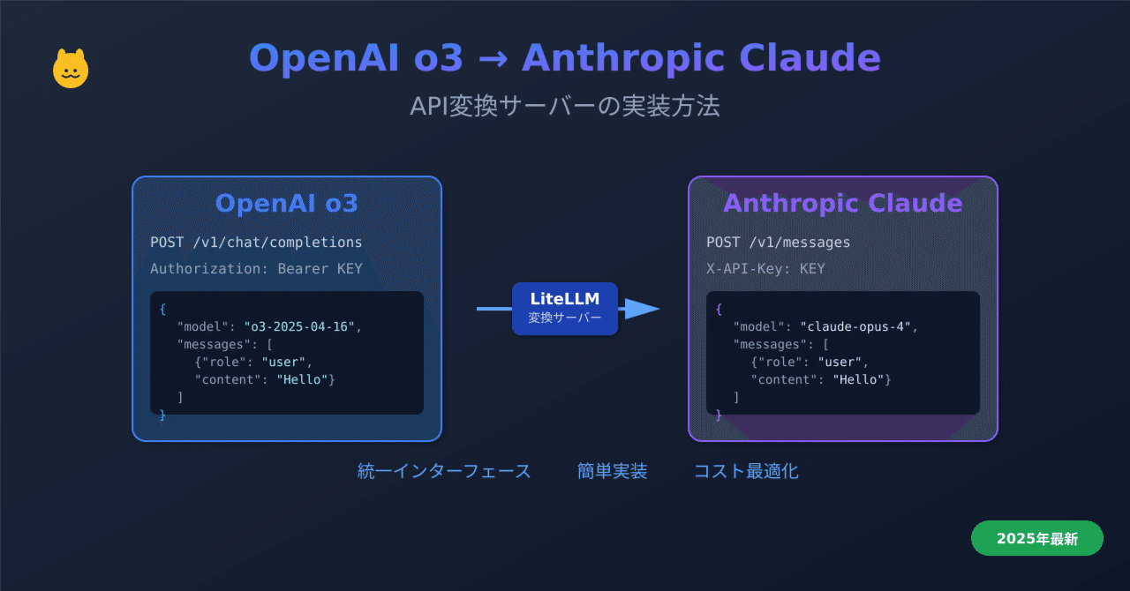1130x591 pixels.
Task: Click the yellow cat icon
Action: tap(71, 69)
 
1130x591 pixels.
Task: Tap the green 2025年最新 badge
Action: tap(1036, 538)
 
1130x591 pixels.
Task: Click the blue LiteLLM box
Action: tap(564, 308)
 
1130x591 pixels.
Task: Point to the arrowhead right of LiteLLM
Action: tap(643, 308)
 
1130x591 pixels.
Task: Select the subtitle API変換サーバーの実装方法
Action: tap(564, 106)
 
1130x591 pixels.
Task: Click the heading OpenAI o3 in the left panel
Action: tap(286, 203)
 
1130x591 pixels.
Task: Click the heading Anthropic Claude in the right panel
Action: tap(842, 203)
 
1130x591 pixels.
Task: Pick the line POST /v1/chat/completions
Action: tap(256, 242)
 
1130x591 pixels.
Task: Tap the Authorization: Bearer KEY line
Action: tap(256, 268)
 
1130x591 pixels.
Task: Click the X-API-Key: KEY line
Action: tap(765, 268)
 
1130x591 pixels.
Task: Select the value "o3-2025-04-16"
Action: tap(300, 326)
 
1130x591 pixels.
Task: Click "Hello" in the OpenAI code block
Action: tap(303, 379)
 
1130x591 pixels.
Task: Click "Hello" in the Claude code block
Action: tap(859, 379)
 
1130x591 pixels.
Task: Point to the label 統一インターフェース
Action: tap(444, 471)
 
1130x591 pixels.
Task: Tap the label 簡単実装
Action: tap(612, 471)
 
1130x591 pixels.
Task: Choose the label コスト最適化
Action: tap(746, 471)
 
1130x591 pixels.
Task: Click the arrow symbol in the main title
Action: tap(492, 59)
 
